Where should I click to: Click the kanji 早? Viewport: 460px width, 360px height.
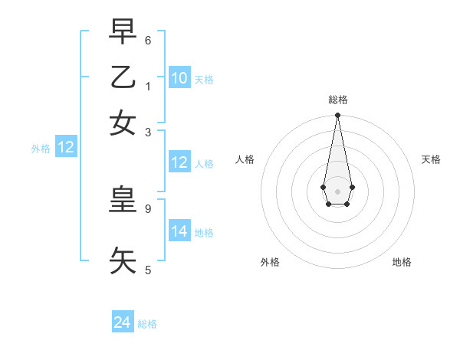[x=123, y=33]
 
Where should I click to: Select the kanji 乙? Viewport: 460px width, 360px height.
[x=123, y=78]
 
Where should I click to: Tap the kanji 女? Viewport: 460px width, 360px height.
[x=123, y=123]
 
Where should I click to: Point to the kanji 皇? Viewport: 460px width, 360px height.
[x=123, y=200]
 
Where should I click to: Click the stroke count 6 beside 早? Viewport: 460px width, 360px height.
[x=148, y=40]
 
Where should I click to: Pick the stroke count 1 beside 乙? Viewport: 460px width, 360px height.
[x=148, y=86]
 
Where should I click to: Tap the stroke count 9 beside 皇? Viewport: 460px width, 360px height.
[x=148, y=208]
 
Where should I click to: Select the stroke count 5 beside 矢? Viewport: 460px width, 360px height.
[x=148, y=269]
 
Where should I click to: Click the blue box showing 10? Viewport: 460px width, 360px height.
[x=179, y=78]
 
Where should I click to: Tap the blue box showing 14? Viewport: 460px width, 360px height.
[x=179, y=231]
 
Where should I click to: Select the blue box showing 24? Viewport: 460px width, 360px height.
[x=123, y=322]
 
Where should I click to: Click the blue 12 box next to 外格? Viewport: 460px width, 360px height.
[x=66, y=148]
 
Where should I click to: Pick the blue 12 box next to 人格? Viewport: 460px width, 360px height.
[x=179, y=162]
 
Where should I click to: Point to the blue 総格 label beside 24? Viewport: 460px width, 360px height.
[x=147, y=324]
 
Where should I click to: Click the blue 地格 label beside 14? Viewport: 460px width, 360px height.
[x=204, y=232]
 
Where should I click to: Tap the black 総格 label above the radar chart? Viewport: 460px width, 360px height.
[x=337, y=100]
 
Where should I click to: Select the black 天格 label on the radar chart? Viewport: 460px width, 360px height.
[x=431, y=159]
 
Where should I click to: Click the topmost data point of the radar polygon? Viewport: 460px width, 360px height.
[x=337, y=116]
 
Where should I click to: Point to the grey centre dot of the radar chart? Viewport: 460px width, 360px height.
[x=337, y=191]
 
